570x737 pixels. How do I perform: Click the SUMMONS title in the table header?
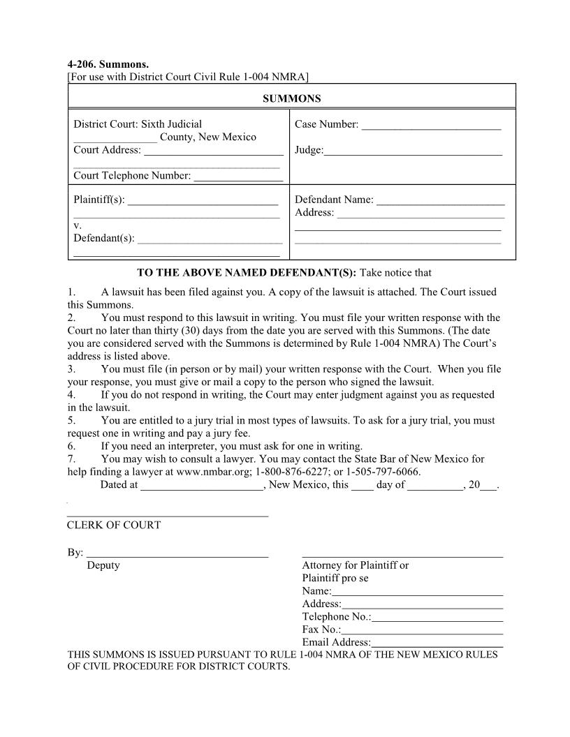[291, 99]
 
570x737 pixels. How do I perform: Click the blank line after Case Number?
[431, 128]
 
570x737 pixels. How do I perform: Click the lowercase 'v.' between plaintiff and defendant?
[77, 225]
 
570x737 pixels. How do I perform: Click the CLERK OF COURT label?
[114, 526]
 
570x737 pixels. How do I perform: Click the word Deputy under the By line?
[103, 565]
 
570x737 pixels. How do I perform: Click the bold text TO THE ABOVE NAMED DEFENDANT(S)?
[247, 272]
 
